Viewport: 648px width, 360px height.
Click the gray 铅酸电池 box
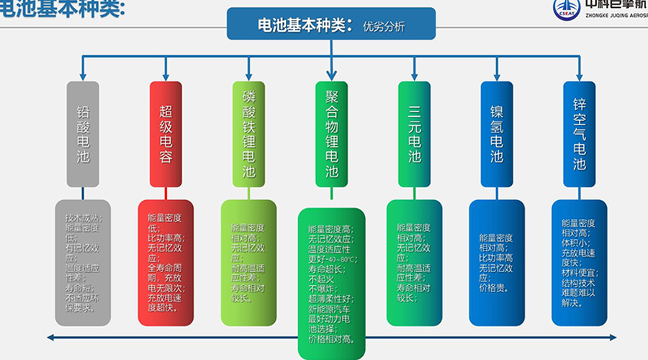83,134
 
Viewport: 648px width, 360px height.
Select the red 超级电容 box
166,134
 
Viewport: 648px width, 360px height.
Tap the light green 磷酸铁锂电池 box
248,134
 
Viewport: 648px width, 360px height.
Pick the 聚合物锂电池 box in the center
331,134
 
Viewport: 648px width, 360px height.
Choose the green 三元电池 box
414,134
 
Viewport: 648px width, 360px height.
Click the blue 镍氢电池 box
497,134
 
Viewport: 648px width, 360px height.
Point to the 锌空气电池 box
580,134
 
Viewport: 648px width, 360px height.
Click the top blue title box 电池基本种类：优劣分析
331,24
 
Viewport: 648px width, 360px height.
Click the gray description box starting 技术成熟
83,262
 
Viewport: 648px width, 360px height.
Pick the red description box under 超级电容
166,262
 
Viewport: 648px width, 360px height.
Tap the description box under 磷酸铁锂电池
248,262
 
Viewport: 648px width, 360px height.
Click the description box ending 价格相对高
331,281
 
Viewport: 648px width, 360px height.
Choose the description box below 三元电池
414,262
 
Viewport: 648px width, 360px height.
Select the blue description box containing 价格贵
497,262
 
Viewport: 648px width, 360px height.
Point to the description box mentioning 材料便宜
580,262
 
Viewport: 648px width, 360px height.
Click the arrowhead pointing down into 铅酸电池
83,76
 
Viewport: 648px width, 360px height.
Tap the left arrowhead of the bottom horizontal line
50,336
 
